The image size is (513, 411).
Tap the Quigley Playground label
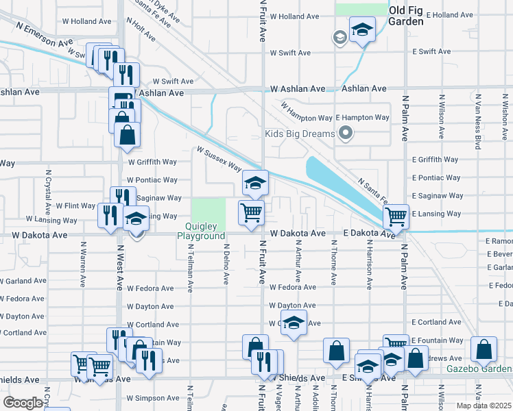click(x=201, y=231)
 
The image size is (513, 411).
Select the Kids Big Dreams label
click(x=300, y=133)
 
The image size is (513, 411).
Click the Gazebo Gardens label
click(x=479, y=369)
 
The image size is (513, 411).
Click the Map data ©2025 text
click(x=484, y=406)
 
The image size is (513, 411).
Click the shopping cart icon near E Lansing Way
click(x=396, y=216)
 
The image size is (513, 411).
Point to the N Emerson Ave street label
click(x=45, y=36)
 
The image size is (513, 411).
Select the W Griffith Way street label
click(x=152, y=162)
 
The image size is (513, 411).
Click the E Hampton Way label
click(x=361, y=118)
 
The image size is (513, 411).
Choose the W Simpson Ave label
click(x=153, y=398)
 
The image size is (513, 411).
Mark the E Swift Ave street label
click(x=431, y=51)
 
